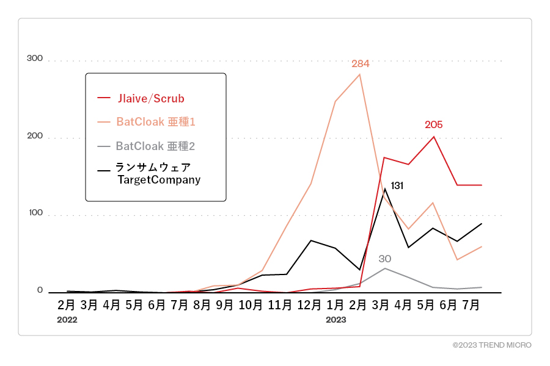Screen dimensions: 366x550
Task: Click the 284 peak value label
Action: point(361,64)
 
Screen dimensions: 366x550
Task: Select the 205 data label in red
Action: point(434,124)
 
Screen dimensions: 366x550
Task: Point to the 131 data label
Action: point(397,185)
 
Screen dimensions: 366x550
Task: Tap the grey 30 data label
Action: point(385,259)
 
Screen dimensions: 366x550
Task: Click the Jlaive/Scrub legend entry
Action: point(150,98)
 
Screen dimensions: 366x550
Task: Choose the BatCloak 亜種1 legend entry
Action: point(155,122)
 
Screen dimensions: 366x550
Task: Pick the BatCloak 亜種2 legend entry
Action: point(155,146)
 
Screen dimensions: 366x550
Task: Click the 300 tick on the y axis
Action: point(35,59)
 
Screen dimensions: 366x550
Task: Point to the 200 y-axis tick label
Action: point(35,135)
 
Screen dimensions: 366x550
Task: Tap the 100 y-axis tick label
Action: point(35,213)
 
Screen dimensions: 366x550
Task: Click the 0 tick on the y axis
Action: point(40,290)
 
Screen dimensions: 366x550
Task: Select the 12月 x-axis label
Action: point(312,304)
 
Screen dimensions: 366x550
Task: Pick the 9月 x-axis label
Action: point(224,304)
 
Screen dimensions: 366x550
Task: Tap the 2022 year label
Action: point(67,320)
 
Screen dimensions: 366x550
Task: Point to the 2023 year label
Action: point(336,320)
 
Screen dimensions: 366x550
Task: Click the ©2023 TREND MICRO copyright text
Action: point(492,345)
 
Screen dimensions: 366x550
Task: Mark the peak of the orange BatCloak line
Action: point(359,74)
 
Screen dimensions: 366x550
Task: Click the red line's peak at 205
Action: point(433,137)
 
